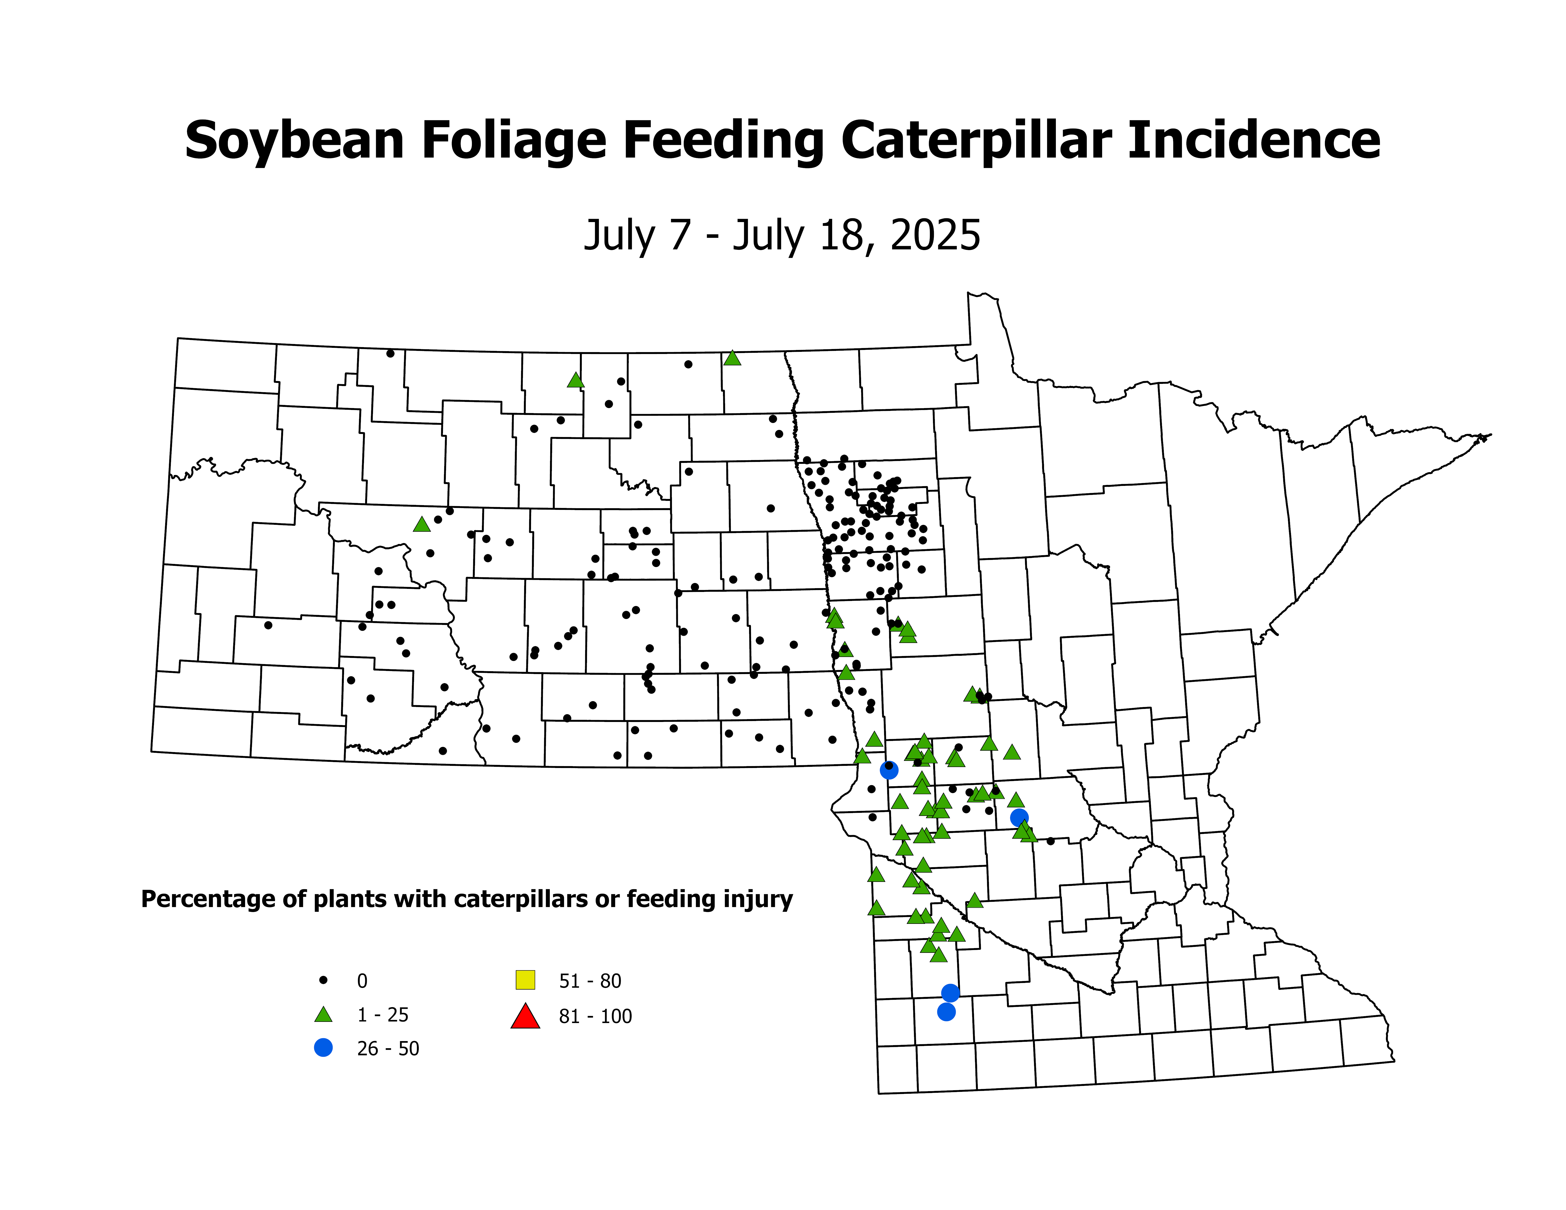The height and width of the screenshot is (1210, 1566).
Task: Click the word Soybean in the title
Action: coord(294,140)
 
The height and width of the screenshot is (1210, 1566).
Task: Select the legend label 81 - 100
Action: coord(595,1016)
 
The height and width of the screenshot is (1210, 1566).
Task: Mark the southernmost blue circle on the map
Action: coord(946,1011)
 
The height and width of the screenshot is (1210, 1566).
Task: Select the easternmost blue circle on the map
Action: coord(1019,817)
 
